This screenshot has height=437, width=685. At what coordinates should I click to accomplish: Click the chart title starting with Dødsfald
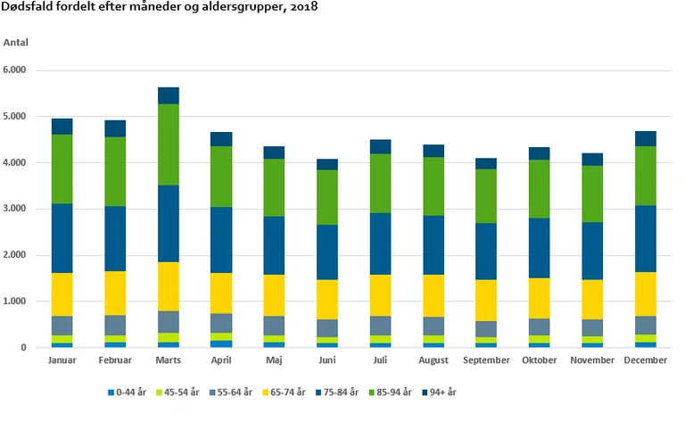click(x=160, y=8)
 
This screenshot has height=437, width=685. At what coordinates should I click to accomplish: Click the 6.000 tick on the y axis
click(x=15, y=70)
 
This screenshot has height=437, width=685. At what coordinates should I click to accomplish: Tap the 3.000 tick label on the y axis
click(x=15, y=210)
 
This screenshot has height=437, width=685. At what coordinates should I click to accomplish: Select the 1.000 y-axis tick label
click(x=15, y=302)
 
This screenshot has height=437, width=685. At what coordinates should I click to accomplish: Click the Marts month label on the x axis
click(x=169, y=360)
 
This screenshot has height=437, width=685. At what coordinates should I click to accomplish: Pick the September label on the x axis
click(x=487, y=360)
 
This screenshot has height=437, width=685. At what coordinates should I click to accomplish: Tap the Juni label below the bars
click(x=328, y=360)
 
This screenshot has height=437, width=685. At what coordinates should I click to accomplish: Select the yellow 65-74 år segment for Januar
click(x=62, y=294)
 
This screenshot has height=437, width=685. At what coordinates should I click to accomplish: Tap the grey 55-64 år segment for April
click(x=221, y=323)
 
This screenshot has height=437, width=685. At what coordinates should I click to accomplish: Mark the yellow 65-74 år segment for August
click(x=434, y=295)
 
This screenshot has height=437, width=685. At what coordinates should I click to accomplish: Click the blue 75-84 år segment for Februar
click(x=116, y=238)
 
